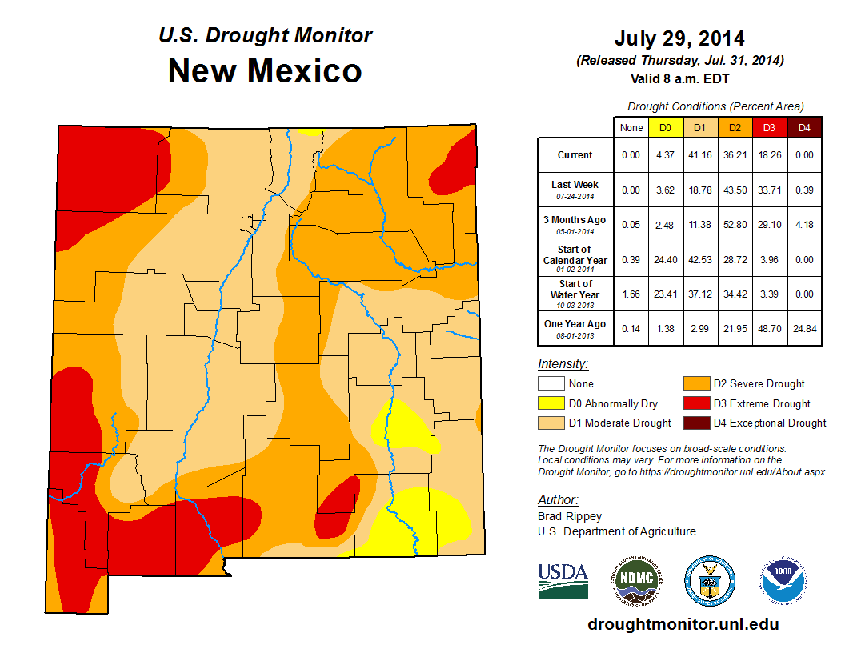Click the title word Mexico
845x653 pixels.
point(304,71)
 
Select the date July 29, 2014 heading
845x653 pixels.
point(679,38)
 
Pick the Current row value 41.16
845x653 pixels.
point(700,155)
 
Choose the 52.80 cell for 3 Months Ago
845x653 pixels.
point(735,225)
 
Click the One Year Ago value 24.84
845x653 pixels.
point(804,329)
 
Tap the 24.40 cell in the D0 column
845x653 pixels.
point(666,260)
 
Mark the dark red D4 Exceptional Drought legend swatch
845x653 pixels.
point(695,423)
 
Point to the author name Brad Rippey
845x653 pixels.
point(570,516)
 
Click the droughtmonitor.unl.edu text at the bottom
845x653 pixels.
point(683,624)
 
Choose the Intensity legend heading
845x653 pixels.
point(563,364)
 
